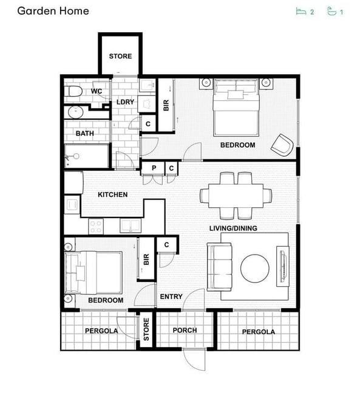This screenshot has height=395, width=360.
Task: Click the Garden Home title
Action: tap(53, 11)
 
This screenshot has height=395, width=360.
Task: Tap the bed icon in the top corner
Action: tap(301, 12)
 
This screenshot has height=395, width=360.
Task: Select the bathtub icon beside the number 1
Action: tap(331, 12)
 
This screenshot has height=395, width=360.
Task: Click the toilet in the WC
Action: tap(73, 91)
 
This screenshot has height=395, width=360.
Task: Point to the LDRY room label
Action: tap(125, 102)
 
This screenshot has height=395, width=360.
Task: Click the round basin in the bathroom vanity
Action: tap(75, 112)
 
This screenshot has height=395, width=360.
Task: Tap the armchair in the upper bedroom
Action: tap(282, 145)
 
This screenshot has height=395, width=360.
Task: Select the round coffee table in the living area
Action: tap(255, 269)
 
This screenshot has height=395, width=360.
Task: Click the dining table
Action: tap(236, 196)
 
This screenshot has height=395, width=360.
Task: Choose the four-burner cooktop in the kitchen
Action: tap(96, 227)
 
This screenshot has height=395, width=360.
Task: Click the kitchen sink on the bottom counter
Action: tap(131, 225)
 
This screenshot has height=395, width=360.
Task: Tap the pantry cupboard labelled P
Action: tap(154, 168)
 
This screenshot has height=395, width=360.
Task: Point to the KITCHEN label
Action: tap(112, 194)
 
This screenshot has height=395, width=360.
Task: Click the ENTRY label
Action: tap(171, 297)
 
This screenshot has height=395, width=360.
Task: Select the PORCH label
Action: tap(185, 330)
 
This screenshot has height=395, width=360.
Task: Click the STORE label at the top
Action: tap(120, 56)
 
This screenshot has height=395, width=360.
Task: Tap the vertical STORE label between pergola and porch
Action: tap(146, 329)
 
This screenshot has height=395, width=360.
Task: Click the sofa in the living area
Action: tap(219, 267)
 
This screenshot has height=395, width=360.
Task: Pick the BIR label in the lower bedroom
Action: tap(146, 259)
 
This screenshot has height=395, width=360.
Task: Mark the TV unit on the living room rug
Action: tap(283, 266)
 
